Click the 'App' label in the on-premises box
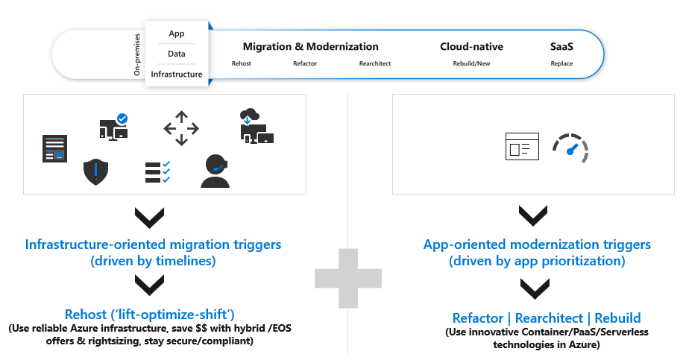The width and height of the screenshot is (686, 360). pos(177,34)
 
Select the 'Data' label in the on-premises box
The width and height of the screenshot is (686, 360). pos(177,54)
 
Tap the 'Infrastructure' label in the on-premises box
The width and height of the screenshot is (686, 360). pos(177,75)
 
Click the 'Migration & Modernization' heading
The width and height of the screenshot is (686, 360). pos(311,46)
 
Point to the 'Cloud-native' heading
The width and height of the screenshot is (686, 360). pos(471,46)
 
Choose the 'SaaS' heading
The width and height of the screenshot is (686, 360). pos(562,46)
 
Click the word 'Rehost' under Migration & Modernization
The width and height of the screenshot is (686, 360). pos(242,63)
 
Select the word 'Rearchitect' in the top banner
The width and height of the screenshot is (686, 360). pos(375,63)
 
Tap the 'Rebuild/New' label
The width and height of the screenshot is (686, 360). pos(471,63)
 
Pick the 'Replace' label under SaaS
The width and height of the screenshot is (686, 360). pos(562,63)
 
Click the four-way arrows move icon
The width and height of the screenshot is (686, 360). pos(181,129)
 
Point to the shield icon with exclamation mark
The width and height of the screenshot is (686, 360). pos(95,171)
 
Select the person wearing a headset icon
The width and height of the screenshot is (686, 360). pos(215,171)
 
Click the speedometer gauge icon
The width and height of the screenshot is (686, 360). pos(571,148)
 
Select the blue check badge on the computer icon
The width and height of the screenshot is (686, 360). pos(122,118)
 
